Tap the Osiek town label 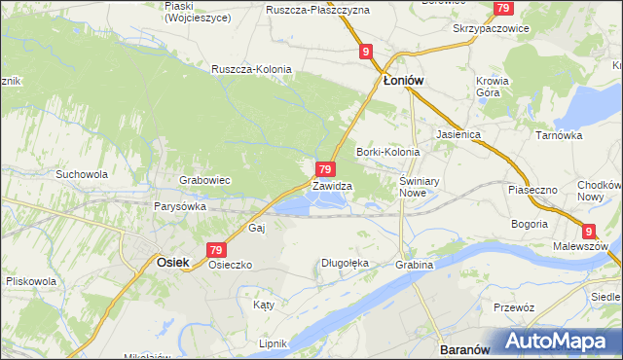coord(172,262)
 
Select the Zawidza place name coord(332,185)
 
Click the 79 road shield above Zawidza coord(327,169)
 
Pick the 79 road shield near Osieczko coord(217,249)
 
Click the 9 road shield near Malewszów coord(589,230)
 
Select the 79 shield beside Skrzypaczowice coord(502,8)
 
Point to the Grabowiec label coord(204,180)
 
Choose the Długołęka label coord(346,263)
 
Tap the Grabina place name coord(413,265)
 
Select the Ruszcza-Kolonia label coord(250,69)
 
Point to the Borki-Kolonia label coord(387,152)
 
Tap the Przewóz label coord(514,306)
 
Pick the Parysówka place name coord(179,206)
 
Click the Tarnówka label coord(559,135)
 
